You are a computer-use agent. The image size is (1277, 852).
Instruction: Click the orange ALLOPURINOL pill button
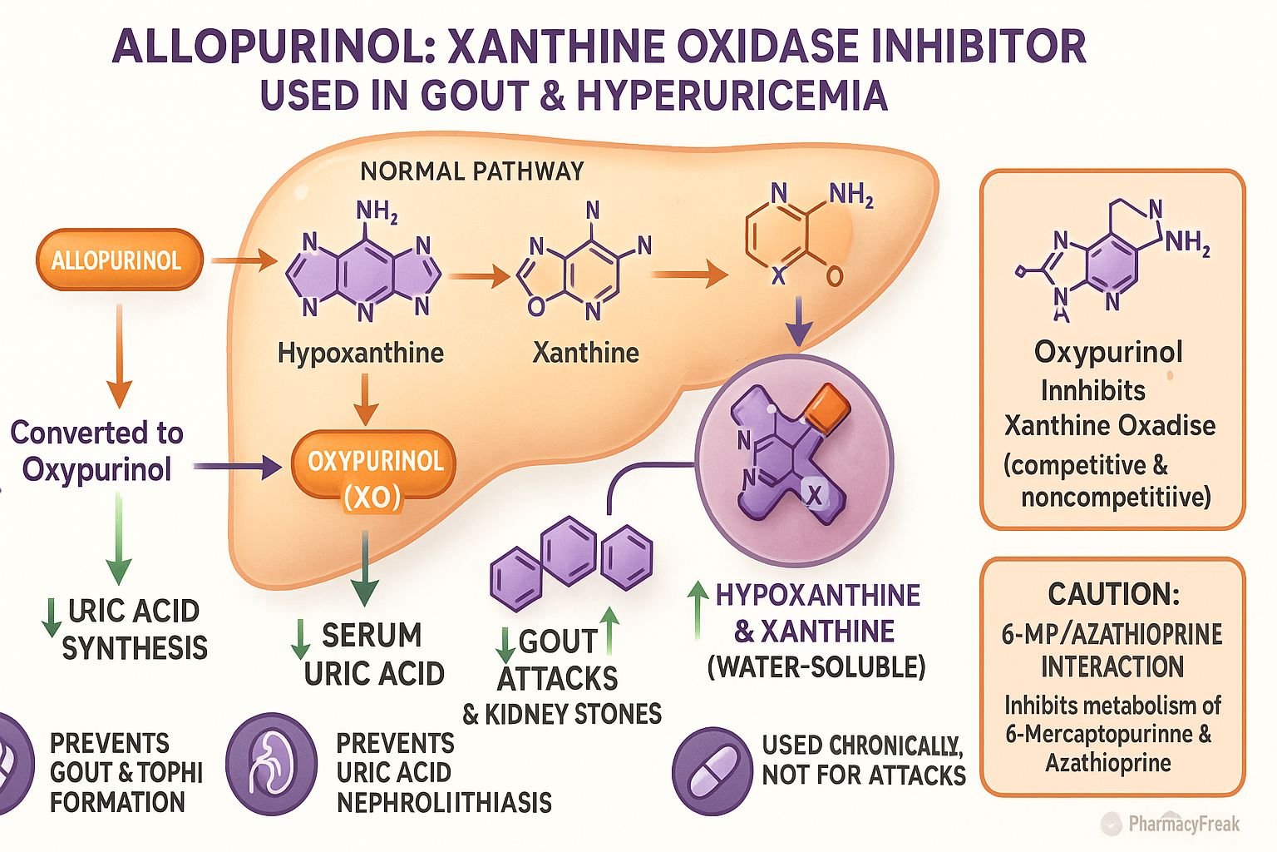click(x=118, y=260)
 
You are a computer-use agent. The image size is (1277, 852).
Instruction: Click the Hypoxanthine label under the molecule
click(x=360, y=353)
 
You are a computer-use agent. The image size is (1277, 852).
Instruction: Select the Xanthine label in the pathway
click(x=585, y=353)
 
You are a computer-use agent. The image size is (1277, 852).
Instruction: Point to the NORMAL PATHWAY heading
click(x=471, y=171)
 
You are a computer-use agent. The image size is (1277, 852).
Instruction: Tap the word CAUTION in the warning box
click(x=1112, y=594)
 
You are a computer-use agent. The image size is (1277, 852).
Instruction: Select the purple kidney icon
click(x=271, y=763)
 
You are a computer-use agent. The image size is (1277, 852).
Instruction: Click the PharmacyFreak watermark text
click(x=1183, y=824)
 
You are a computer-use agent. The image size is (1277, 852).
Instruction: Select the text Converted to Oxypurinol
click(x=96, y=450)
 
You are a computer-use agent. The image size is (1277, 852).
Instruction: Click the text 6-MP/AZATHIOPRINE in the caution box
click(x=1112, y=634)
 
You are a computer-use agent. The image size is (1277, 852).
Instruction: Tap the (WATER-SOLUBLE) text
click(x=816, y=666)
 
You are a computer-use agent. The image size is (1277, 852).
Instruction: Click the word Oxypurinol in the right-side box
click(x=1108, y=352)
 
